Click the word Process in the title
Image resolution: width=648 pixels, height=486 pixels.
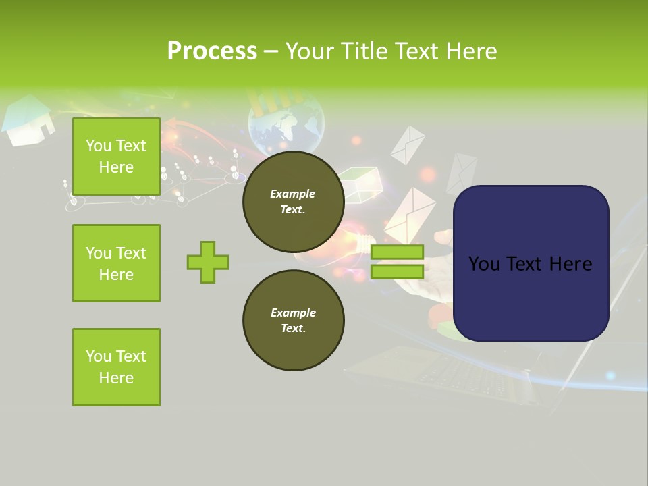pos(212,51)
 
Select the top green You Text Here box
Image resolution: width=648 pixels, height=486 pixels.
pos(116,157)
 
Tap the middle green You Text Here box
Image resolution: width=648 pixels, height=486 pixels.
pos(116,263)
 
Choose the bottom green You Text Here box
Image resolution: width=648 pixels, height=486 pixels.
pos(116,367)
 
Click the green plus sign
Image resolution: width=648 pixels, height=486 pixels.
pos(208,262)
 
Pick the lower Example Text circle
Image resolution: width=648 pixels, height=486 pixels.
pos(293,320)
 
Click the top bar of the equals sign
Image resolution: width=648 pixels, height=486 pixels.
pos(397,252)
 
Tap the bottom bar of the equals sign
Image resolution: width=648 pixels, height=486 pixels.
pos(397,271)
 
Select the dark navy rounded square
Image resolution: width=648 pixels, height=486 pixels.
pos(531,263)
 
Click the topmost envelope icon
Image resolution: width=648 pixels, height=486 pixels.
pos(408,144)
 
